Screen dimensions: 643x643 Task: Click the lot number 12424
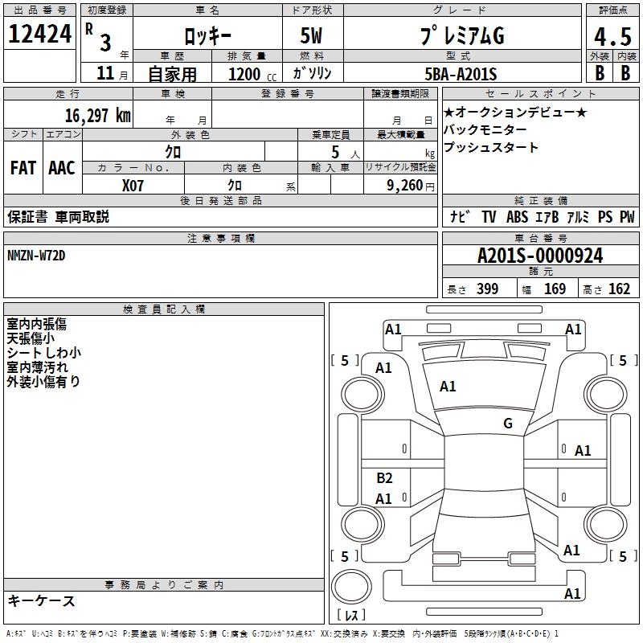pyautogui.click(x=40, y=35)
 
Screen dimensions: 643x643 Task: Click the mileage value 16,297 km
pyautogui.click(x=97, y=115)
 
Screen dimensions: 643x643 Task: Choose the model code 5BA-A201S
pyautogui.click(x=461, y=74)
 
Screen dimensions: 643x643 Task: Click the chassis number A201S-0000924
pyautogui.click(x=540, y=256)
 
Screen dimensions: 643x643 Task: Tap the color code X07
pyautogui.click(x=133, y=186)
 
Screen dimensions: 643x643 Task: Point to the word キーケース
pyautogui.click(x=42, y=600)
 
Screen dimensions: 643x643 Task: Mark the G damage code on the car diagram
pyautogui.click(x=507, y=424)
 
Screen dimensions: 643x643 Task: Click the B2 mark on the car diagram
pyautogui.click(x=384, y=478)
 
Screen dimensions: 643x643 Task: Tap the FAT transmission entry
pyautogui.click(x=23, y=167)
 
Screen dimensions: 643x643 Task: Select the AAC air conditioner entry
pyautogui.click(x=62, y=167)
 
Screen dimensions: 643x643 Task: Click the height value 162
pyautogui.click(x=619, y=289)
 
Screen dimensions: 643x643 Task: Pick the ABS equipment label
pyautogui.click(x=517, y=217)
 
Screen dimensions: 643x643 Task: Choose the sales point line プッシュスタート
pyautogui.click(x=491, y=148)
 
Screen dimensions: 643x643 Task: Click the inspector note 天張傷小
pyautogui.click(x=31, y=338)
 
